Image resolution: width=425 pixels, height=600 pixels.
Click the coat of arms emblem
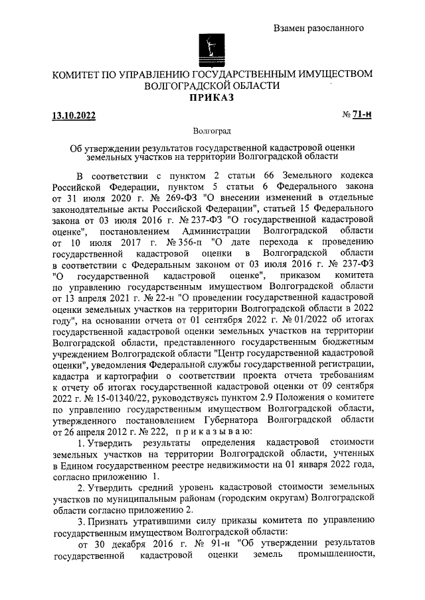pyautogui.click(x=212, y=50)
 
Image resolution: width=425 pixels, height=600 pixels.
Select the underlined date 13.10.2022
pyautogui.click(x=74, y=117)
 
